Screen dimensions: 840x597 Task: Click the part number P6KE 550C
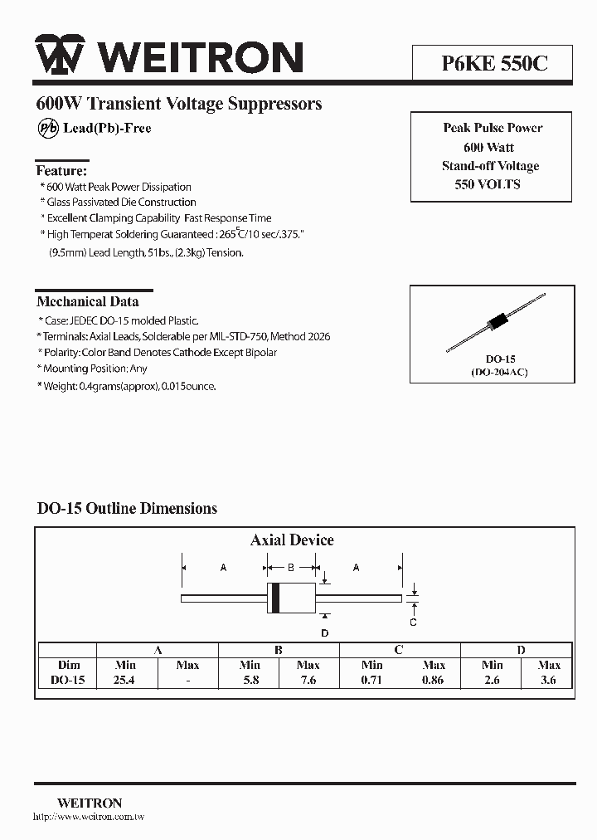pos(492,61)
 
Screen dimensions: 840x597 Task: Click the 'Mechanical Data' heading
pos(88,301)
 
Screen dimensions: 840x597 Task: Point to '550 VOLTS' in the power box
pos(488,184)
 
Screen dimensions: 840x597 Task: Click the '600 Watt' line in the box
pos(489,147)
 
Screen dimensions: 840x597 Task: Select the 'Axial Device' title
pos(292,540)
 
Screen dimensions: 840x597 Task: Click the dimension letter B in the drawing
pos(291,568)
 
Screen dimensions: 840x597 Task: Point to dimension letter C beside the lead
pos(413,622)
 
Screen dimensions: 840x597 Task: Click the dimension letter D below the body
pos(325,633)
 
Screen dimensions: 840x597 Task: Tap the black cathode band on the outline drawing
pos(274,598)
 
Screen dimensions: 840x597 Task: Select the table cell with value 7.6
pos(308,680)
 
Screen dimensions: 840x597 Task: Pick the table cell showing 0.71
pos(372,680)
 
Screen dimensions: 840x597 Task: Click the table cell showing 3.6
pos(548,680)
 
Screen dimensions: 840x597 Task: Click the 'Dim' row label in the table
pos(69,665)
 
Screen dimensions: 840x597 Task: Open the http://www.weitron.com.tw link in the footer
pos(89,818)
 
